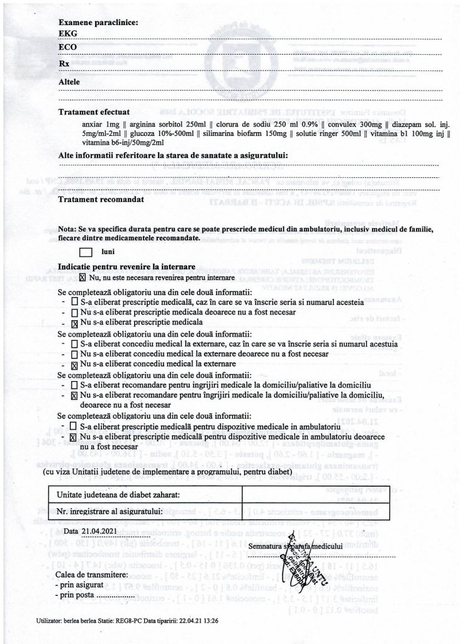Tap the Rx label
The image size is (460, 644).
[x=64, y=64]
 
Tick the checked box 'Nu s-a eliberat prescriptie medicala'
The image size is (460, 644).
[x=75, y=323]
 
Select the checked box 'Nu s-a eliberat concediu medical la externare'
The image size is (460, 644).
[x=75, y=364]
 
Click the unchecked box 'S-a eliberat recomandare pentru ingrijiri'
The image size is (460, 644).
[x=75, y=384]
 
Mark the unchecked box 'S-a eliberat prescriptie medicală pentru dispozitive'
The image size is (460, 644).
[x=75, y=426]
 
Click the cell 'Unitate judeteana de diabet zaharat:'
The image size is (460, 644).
[x=119, y=496]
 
